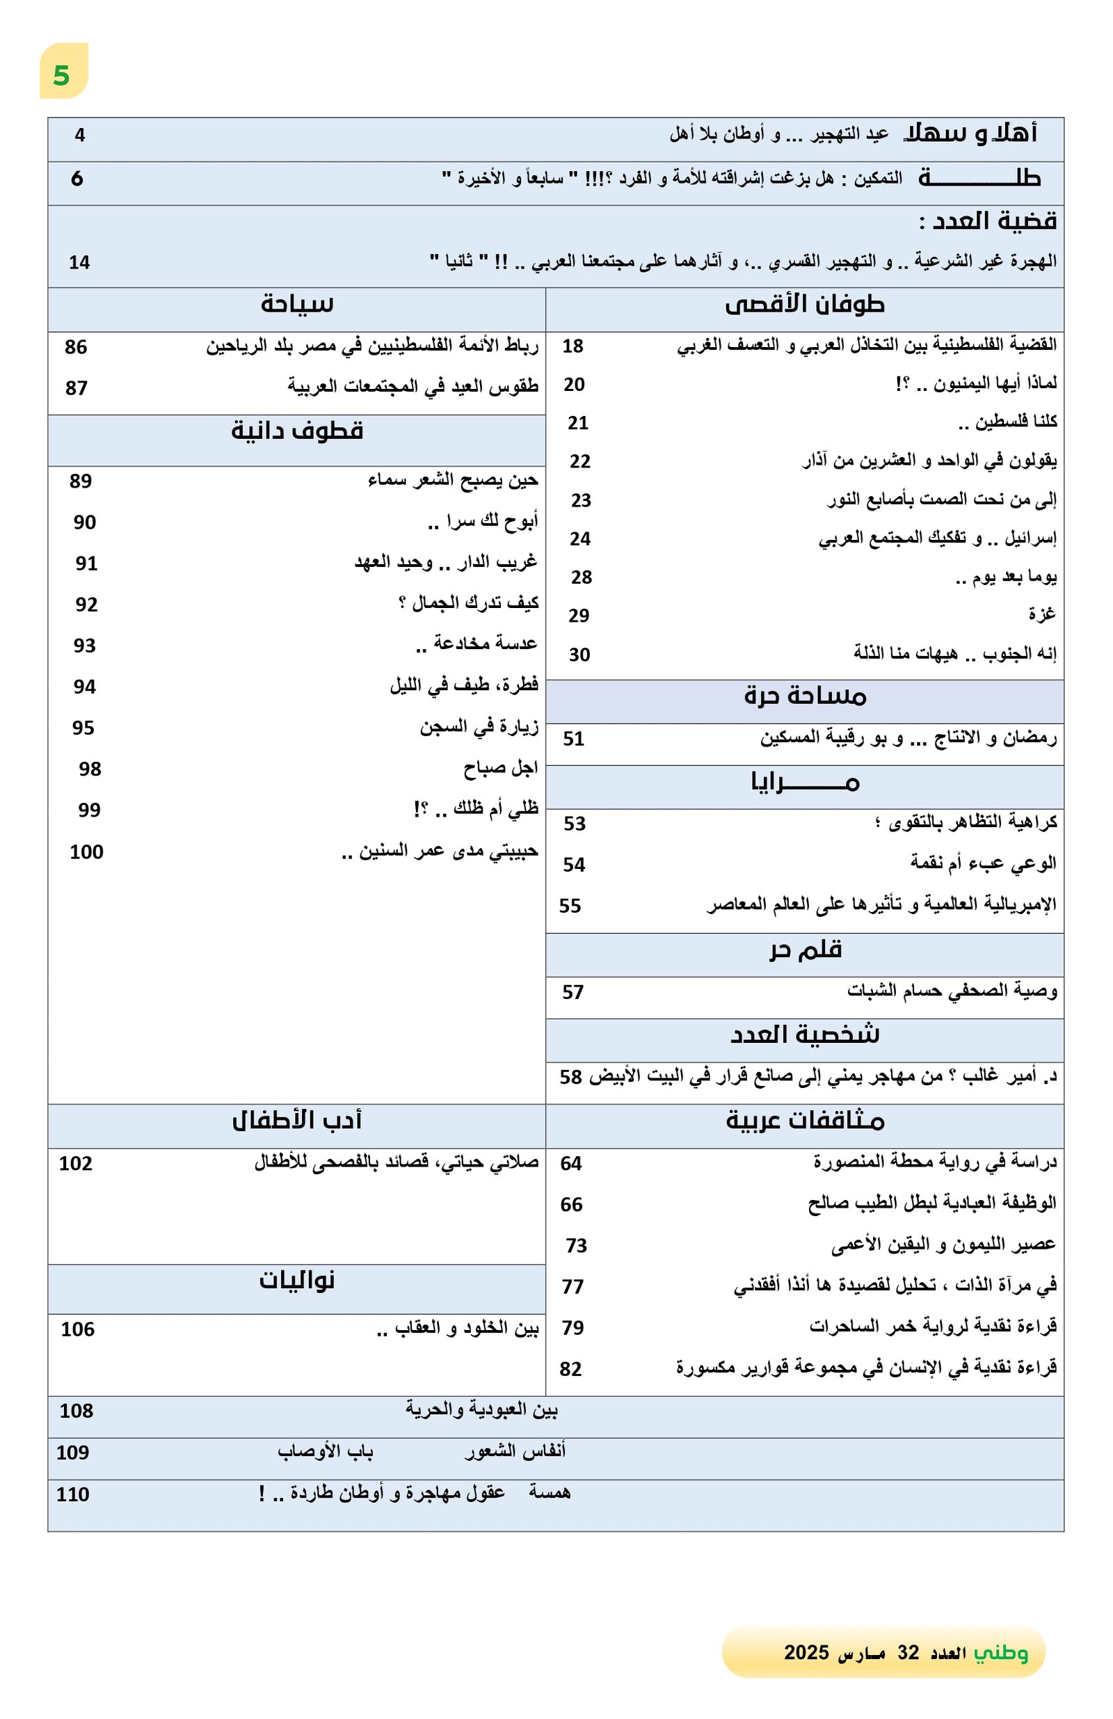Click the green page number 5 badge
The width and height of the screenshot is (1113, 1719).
point(62,74)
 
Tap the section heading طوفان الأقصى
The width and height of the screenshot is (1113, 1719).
point(804,305)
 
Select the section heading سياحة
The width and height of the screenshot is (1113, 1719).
point(297,304)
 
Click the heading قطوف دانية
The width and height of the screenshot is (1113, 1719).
point(297,431)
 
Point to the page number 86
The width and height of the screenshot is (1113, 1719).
point(76,347)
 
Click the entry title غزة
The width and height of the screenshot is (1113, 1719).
point(1041,614)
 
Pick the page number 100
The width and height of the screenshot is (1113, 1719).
point(87,852)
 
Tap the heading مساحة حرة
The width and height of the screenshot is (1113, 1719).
point(805,696)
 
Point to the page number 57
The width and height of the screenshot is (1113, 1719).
point(572,993)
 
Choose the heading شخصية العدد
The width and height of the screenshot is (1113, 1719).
point(805,1035)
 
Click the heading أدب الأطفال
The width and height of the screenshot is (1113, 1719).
point(297,1120)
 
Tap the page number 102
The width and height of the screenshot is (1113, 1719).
point(76,1164)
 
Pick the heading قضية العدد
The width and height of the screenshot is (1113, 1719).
point(988,221)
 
